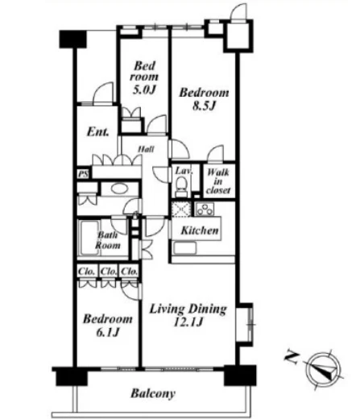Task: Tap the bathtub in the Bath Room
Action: [88, 239]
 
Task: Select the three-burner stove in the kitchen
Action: [205, 209]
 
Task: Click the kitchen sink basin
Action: [184, 248]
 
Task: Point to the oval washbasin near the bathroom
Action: [119, 189]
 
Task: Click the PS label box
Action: [84, 174]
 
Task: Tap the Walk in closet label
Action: [218, 181]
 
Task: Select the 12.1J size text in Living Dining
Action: [188, 322]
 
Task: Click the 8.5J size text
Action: [204, 106]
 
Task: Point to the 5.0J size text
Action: [144, 89]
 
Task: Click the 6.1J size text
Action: [107, 333]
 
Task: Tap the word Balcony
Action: [153, 394]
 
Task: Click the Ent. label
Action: [98, 132]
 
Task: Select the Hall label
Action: [146, 149]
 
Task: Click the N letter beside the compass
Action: [292, 358]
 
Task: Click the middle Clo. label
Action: [109, 272]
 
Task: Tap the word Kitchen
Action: [200, 230]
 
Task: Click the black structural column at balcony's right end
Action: [240, 375]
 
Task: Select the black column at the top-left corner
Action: [72, 39]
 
